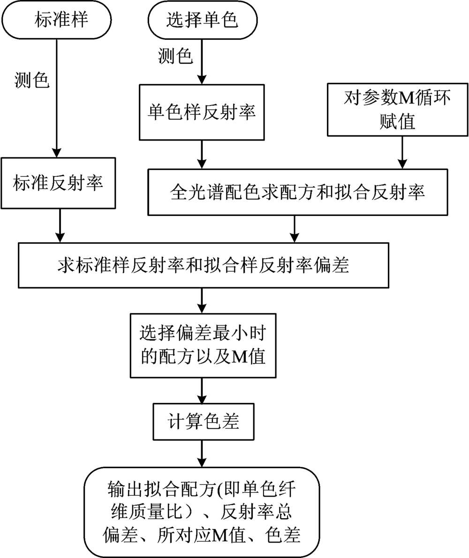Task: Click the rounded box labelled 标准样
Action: point(56,19)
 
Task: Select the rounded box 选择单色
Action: point(202,19)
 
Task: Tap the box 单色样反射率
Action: point(202,112)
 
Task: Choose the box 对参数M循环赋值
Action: point(397,110)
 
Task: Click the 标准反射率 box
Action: point(58,183)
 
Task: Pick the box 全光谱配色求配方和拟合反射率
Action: point(298,192)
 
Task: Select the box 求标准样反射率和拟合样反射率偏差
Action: point(204,265)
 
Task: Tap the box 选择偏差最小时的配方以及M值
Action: point(203,345)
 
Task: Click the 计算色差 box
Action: point(204,422)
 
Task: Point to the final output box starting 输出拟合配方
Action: point(202,512)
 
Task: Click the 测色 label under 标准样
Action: point(32,80)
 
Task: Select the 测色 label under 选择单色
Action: point(175,56)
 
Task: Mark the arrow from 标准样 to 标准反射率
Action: point(57,98)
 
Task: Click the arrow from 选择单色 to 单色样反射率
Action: point(202,61)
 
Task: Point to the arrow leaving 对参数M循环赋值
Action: point(402,152)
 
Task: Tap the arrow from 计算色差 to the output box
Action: point(202,454)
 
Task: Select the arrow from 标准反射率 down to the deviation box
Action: point(60,226)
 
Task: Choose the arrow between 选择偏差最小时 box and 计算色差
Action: point(202,390)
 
